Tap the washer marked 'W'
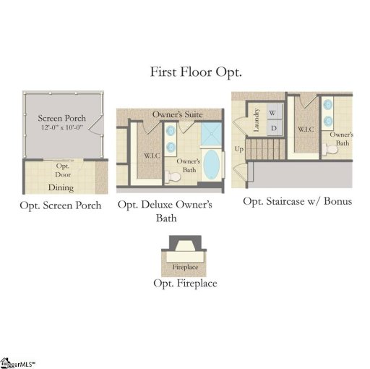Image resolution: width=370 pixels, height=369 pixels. [272, 114]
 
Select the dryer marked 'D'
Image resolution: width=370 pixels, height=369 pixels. [272, 128]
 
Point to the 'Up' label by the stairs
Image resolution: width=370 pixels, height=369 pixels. [239, 149]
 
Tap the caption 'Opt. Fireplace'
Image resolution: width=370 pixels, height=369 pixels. [185, 283]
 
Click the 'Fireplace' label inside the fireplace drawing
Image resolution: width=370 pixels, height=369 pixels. [185, 267]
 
